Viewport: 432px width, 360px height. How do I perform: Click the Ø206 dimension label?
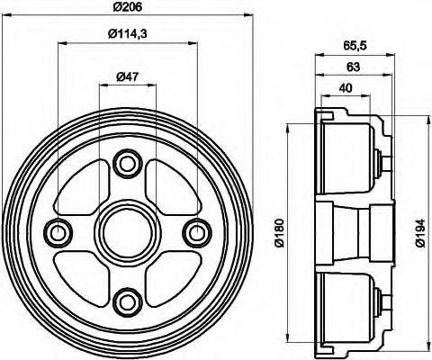[x=127, y=8]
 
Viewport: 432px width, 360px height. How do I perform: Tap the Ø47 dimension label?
[x=127, y=76]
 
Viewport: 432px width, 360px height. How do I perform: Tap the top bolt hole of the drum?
[x=127, y=163]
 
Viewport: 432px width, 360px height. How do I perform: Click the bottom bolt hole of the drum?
[x=127, y=301]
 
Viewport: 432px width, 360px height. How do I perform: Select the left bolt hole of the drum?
[x=59, y=232]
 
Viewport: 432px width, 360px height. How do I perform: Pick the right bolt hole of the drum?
[x=195, y=232]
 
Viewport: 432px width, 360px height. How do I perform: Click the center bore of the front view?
[x=127, y=232]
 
